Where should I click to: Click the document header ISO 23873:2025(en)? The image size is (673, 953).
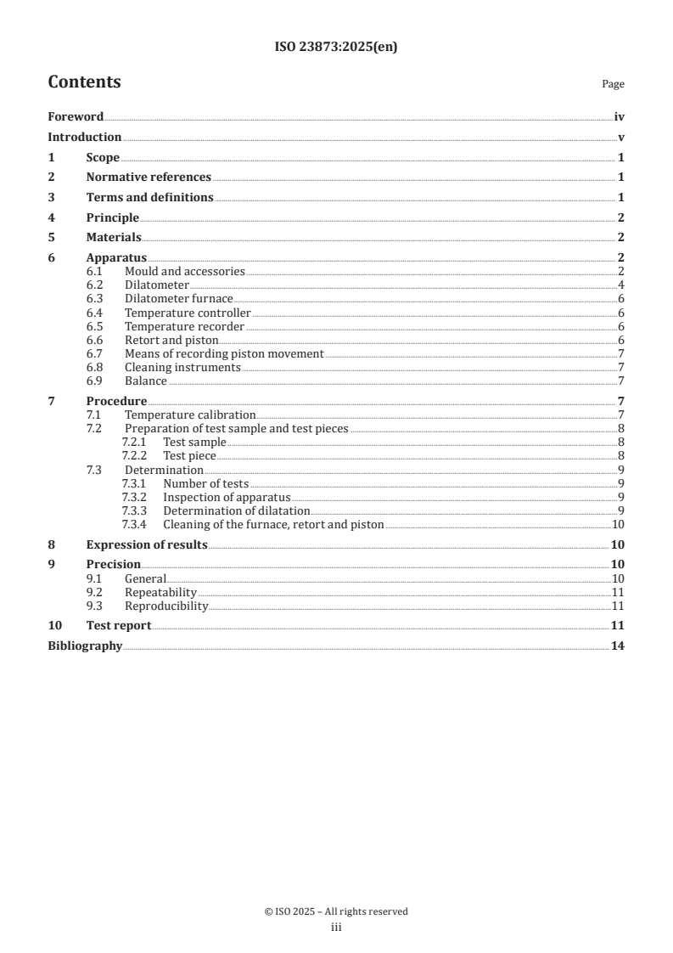coord(336,48)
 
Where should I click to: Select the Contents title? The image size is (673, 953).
coord(84,82)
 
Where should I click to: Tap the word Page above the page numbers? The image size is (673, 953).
coord(613,84)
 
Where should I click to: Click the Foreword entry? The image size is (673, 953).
coord(76,117)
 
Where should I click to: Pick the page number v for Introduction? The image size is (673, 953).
coord(621,138)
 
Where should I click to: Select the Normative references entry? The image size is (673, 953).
coord(149,178)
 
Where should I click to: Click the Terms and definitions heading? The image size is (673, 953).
coord(149,198)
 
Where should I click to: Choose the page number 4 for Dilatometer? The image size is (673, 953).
coord(621,285)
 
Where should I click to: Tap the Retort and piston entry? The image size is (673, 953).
coord(171,340)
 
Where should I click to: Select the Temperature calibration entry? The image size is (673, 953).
coord(190,414)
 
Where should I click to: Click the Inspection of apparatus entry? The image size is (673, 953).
coord(227,497)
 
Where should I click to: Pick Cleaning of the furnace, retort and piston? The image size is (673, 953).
coord(273,525)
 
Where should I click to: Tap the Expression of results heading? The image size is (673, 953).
coord(147,545)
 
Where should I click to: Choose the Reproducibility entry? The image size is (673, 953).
coord(166,606)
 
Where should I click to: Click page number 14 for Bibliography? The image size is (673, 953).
coord(619,647)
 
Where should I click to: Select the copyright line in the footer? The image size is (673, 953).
coord(336,911)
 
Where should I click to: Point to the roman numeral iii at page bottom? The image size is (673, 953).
coord(336,928)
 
